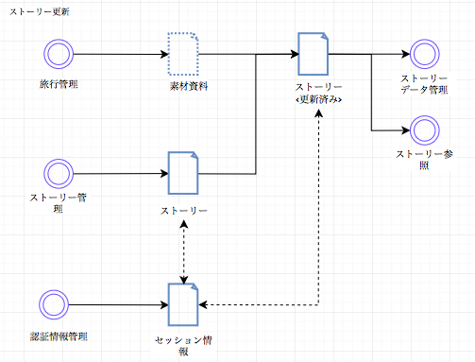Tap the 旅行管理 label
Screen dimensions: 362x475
59,85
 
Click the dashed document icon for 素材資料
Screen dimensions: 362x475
183,54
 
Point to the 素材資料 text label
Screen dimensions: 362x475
188,86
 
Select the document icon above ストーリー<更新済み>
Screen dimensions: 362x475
313,54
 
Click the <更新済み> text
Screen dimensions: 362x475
317,99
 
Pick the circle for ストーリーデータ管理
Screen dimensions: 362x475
416,54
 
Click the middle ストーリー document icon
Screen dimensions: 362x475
183,173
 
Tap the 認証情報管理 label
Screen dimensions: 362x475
59,336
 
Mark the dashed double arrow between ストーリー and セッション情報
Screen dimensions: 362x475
183,253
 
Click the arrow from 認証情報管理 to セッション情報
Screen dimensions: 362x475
118,303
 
